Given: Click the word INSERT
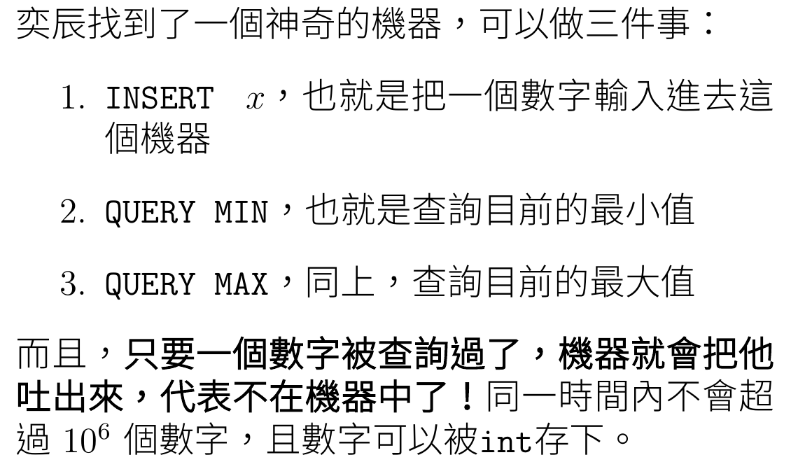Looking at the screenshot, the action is point(158,99).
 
